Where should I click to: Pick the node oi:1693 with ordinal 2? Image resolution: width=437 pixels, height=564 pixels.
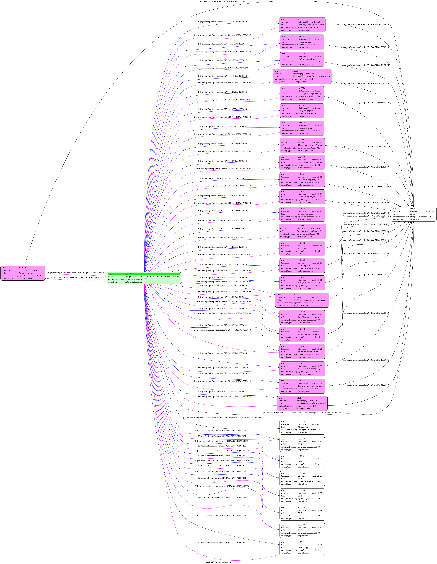(x=302, y=25)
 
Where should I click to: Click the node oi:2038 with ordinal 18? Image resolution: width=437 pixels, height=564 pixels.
(x=302, y=300)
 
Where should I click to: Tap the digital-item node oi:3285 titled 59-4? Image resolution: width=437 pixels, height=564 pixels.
(x=302, y=496)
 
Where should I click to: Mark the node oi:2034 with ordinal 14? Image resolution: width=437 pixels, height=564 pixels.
(x=302, y=231)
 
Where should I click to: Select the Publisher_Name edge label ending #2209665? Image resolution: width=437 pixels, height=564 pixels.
(x=222, y=418)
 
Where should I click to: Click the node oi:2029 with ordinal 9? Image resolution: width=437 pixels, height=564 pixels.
(x=302, y=145)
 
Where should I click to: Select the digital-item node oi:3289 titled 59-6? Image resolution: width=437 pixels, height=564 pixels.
(x=302, y=530)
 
